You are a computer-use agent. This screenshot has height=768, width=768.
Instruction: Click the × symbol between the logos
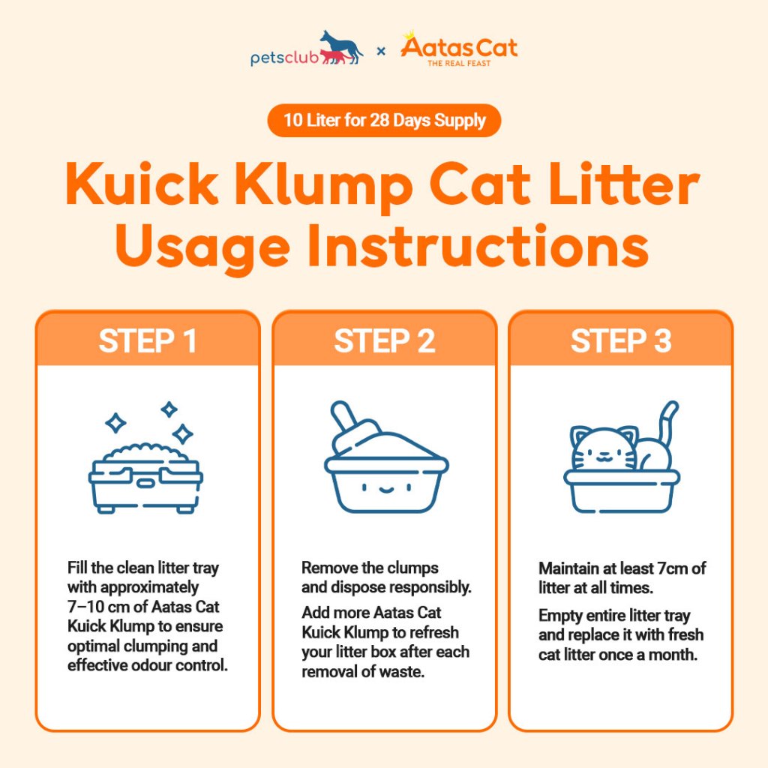click(381, 50)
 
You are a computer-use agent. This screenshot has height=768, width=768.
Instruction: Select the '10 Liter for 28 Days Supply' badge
click(384, 121)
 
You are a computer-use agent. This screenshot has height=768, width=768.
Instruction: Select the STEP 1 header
click(148, 341)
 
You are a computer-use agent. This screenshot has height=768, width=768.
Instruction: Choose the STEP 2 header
click(385, 341)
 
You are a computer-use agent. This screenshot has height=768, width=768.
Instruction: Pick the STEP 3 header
click(621, 341)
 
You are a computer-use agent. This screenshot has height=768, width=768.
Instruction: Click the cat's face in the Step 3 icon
click(604, 450)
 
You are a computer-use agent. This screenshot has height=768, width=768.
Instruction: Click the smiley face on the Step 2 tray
click(386, 487)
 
